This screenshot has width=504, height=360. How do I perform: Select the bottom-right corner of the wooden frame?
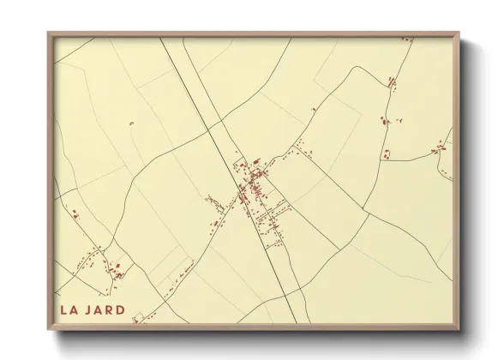click(x=459, y=330)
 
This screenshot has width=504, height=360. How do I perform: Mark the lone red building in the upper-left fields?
click(x=131, y=124)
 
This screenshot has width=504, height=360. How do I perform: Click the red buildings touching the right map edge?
click(x=442, y=148)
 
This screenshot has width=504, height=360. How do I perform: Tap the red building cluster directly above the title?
click(x=116, y=273)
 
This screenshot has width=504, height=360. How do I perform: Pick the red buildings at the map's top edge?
click(x=393, y=82)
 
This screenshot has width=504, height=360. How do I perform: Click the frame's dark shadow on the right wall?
click(x=468, y=189)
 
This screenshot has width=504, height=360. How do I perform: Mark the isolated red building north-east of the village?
click(x=314, y=110)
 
